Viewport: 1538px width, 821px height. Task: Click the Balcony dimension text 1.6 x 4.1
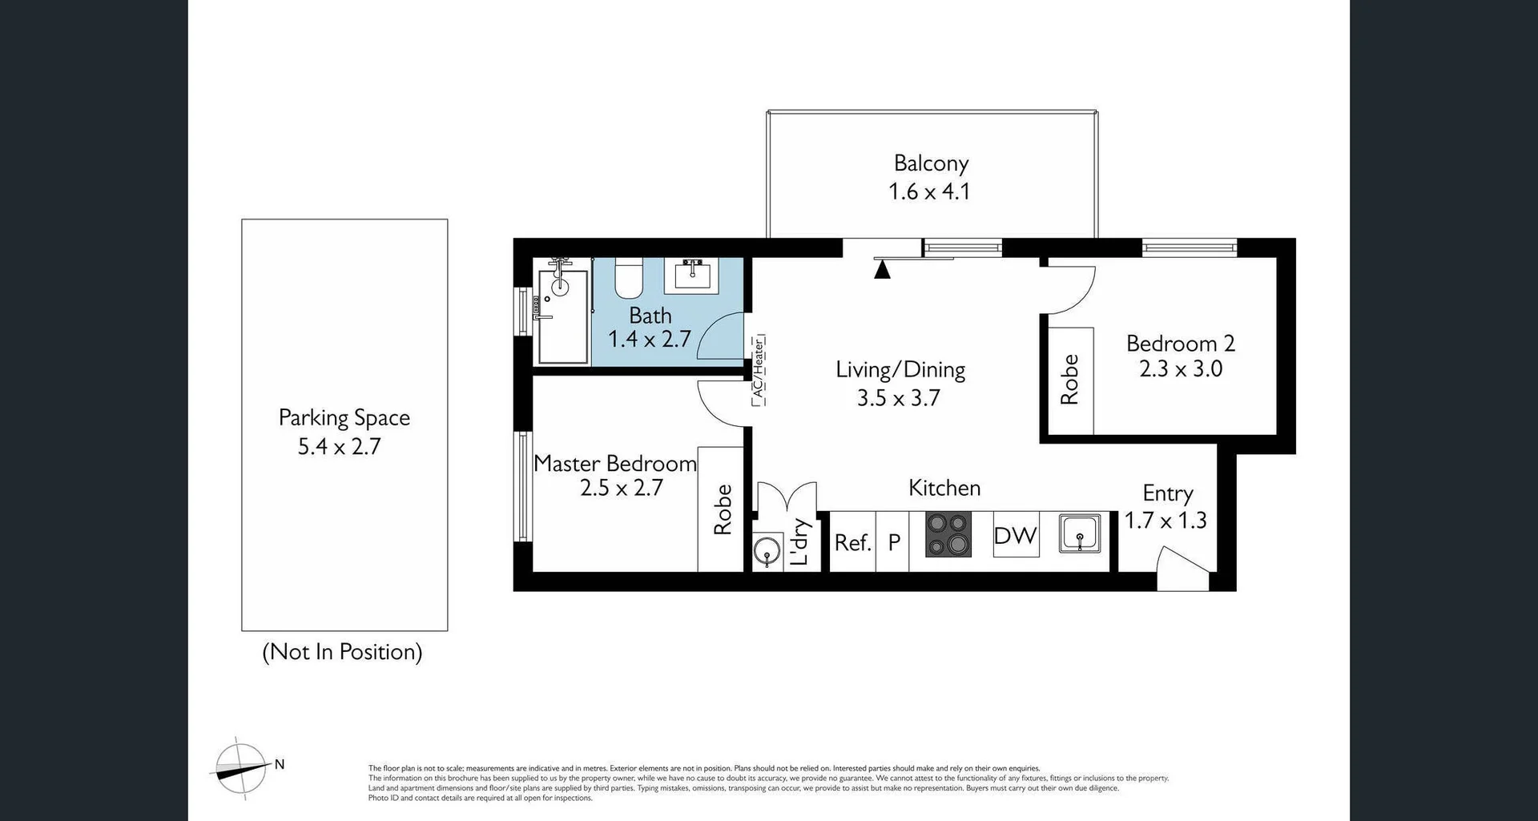pos(929,192)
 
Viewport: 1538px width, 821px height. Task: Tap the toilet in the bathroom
pos(629,279)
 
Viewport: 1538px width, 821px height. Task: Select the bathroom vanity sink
pos(691,275)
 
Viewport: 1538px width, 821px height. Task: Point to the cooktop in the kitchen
pos(948,535)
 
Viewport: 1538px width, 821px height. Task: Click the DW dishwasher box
pos(1016,535)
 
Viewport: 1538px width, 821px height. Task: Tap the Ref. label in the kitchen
pos(852,543)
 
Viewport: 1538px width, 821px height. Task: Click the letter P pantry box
pos(894,543)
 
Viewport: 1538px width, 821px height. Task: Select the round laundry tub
pos(767,553)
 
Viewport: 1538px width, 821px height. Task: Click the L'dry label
pos(800,542)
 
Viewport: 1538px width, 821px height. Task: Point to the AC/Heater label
pos(758,370)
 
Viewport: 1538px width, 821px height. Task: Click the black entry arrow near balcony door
pos(882,270)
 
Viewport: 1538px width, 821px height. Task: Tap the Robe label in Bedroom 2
pos(1069,380)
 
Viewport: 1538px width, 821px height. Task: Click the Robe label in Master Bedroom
pos(723,509)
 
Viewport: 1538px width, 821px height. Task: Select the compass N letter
pos(280,764)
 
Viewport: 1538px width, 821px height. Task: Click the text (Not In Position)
pos(342,652)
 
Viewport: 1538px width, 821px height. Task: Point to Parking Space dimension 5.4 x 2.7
pos(339,446)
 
